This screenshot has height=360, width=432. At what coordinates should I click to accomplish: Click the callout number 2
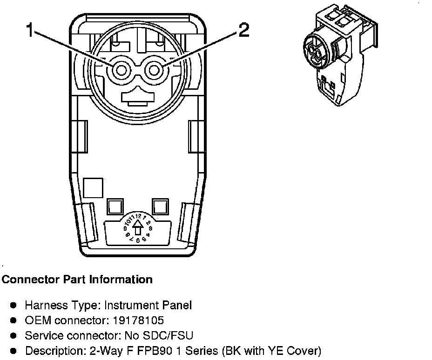[243, 31]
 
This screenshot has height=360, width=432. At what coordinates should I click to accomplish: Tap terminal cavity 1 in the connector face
[121, 71]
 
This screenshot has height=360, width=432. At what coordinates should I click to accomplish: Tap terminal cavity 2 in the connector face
[153, 71]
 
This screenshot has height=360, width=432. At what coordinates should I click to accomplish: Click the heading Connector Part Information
[77, 280]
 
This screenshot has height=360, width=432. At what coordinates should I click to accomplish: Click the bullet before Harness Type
[14, 306]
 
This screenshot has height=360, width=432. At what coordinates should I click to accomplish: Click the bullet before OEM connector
[14, 320]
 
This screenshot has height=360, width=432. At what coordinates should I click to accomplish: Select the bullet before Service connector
[14, 335]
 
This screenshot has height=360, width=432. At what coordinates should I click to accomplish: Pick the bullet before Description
[14, 350]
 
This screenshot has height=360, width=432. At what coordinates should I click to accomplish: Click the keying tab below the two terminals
[137, 95]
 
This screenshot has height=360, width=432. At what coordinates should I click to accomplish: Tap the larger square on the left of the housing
[92, 188]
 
